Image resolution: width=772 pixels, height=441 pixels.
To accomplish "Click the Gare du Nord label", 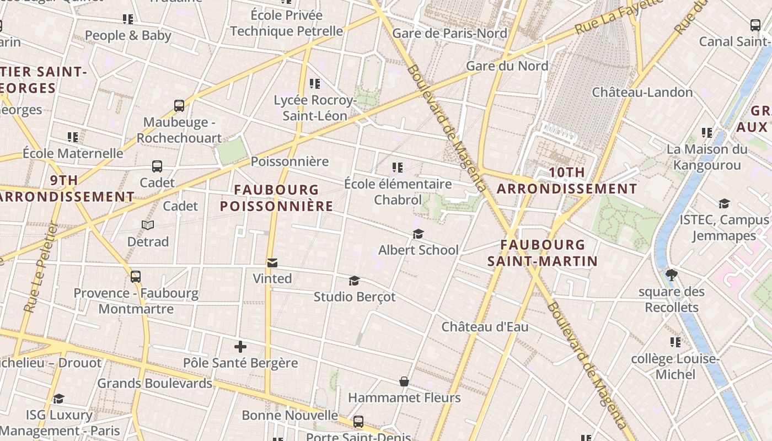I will tap(507, 66).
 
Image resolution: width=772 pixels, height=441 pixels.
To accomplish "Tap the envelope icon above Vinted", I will tap(272, 263).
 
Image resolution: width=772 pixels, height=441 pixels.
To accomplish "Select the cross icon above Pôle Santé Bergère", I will tap(240, 347).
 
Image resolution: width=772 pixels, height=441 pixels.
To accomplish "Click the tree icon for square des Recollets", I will tap(672, 275).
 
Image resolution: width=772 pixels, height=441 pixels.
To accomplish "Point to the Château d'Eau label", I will tap(485, 327).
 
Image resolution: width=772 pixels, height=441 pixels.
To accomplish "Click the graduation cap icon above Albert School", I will tap(418, 234).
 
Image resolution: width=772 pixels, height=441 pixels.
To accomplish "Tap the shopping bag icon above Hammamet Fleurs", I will tap(404, 381).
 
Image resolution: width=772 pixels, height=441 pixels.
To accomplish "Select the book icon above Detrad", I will tap(148, 225).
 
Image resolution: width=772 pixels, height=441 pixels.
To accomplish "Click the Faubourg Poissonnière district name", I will tap(276, 198).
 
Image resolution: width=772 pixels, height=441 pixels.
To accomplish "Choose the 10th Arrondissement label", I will tap(567, 180).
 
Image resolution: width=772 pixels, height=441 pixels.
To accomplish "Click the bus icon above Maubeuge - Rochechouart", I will tap(179, 106).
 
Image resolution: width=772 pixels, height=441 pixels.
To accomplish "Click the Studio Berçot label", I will tap(355, 297).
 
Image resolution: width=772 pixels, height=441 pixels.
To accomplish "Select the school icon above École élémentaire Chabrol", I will tap(398, 167).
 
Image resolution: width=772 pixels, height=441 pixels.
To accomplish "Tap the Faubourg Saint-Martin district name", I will tap(543, 252).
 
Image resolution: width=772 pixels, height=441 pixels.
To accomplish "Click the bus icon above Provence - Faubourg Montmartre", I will tap(136, 277).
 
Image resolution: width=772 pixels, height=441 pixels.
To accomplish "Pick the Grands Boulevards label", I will tap(155, 383).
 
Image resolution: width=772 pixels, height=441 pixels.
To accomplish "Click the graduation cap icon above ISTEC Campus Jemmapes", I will tap(724, 203).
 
